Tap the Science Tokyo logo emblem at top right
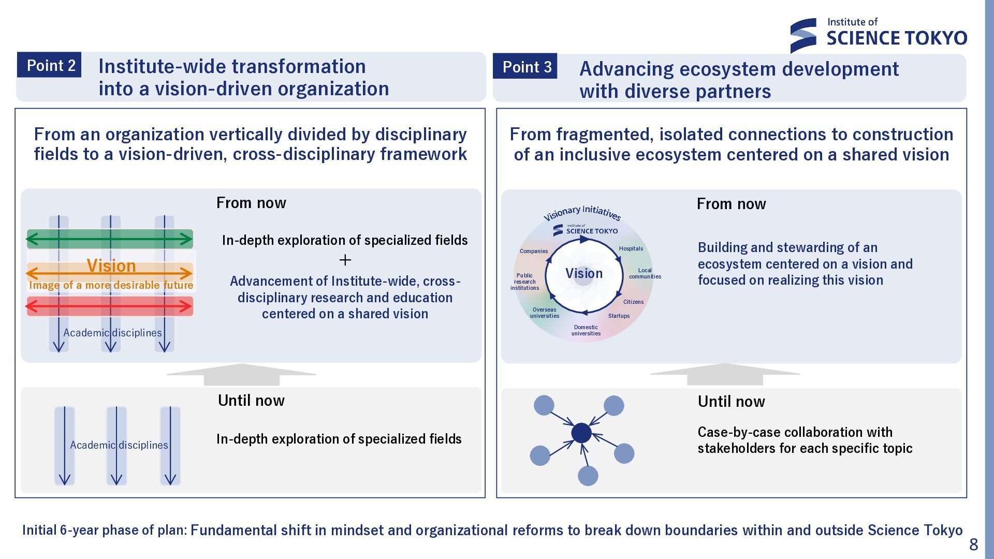click(x=803, y=35)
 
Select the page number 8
click(x=973, y=545)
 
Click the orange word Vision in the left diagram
click(x=111, y=266)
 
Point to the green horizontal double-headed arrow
click(x=109, y=239)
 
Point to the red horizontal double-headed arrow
click(x=109, y=306)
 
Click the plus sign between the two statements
click(x=345, y=260)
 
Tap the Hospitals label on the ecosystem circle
click(x=631, y=248)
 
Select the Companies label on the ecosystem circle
click(x=534, y=251)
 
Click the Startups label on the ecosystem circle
click(x=619, y=316)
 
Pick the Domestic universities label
click(x=586, y=330)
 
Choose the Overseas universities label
click(x=545, y=313)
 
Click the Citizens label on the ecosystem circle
click(x=633, y=302)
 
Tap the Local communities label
click(x=645, y=273)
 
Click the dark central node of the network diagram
click(x=581, y=433)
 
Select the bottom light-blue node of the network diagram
click(x=588, y=476)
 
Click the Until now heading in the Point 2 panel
click(x=251, y=400)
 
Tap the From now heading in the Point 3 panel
click(x=731, y=204)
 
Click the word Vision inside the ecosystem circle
click(x=584, y=273)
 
